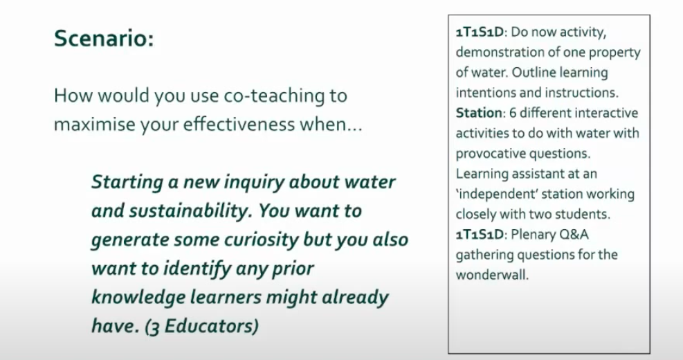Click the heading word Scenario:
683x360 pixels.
tap(104, 38)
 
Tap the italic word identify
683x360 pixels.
tap(197, 269)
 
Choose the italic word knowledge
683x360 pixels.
tap(138, 298)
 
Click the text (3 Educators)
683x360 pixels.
tap(201, 327)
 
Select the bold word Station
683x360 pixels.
tap(479, 113)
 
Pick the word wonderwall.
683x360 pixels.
tap(492, 275)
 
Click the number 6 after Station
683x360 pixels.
tap(512, 113)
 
